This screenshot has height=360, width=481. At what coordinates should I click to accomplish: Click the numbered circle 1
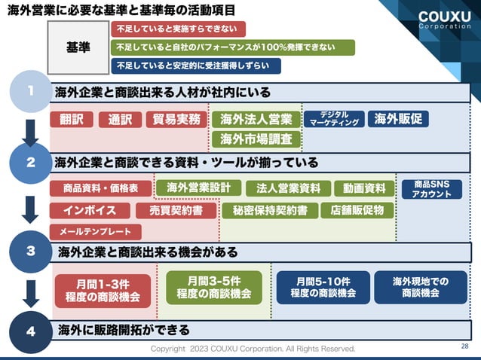click(x=29, y=91)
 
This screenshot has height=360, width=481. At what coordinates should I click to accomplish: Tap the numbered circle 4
click(x=30, y=330)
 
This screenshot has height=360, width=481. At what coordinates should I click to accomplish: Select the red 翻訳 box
click(x=72, y=119)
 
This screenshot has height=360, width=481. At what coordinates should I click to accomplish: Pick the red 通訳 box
click(x=119, y=119)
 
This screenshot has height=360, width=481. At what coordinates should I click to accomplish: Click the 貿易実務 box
click(x=176, y=119)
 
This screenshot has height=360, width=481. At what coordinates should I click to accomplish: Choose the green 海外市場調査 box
click(x=256, y=139)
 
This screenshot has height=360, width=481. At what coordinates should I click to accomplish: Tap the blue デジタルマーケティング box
click(x=334, y=119)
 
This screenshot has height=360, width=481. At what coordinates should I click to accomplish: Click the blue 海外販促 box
click(x=398, y=118)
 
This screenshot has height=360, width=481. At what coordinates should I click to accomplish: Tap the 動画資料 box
click(x=364, y=188)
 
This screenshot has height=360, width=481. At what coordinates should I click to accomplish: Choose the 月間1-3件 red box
click(x=103, y=290)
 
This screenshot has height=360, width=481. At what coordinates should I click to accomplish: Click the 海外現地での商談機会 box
click(x=420, y=287)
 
